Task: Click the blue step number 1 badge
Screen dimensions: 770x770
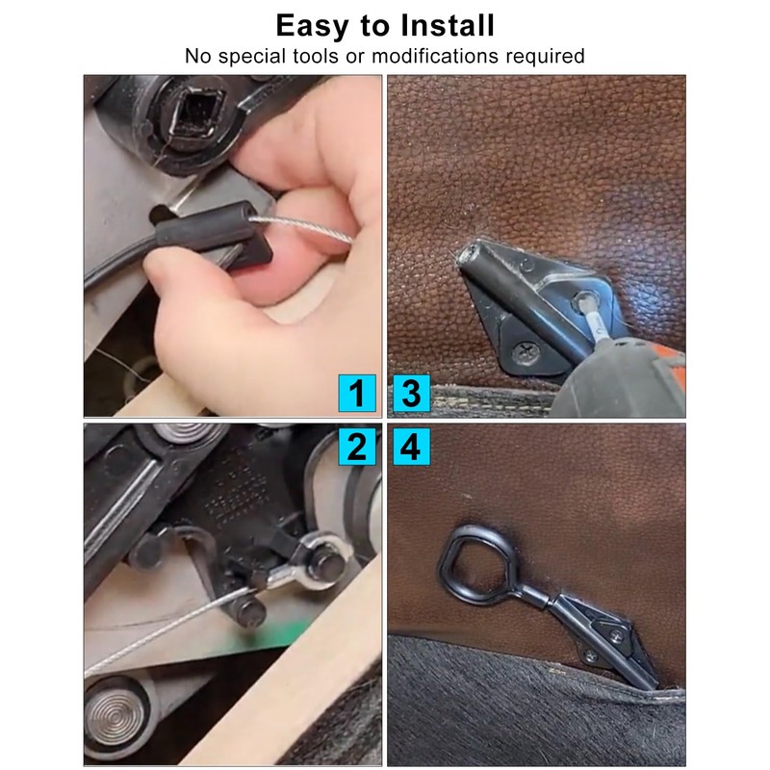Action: click(356, 393)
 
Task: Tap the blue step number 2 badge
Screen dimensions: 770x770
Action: click(356, 447)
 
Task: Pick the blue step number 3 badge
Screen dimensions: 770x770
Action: click(411, 393)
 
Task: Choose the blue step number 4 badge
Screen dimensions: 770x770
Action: click(411, 447)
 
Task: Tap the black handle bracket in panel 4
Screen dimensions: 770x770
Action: click(606, 635)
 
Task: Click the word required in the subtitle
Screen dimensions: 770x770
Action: click(541, 55)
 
